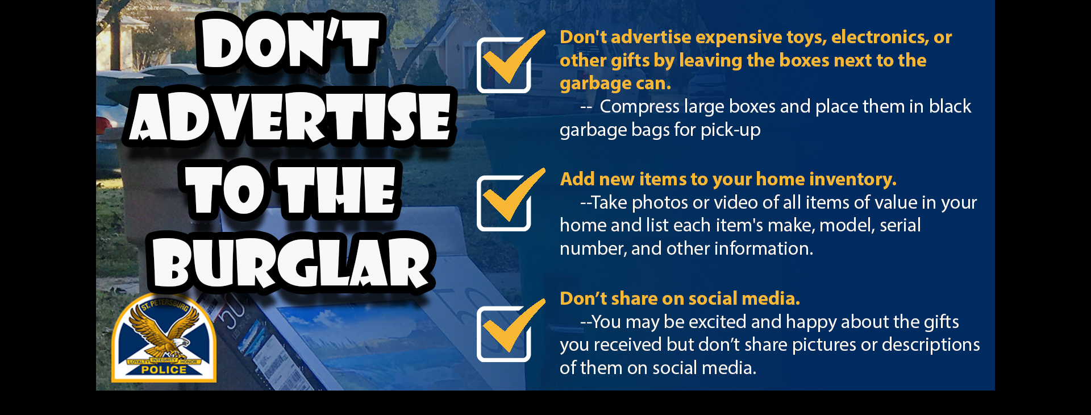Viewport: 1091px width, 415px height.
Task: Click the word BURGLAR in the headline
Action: point(292,263)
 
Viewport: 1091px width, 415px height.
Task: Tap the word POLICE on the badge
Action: point(164,370)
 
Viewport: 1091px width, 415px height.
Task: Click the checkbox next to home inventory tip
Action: point(504,203)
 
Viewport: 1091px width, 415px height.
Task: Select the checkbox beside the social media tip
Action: point(504,334)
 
